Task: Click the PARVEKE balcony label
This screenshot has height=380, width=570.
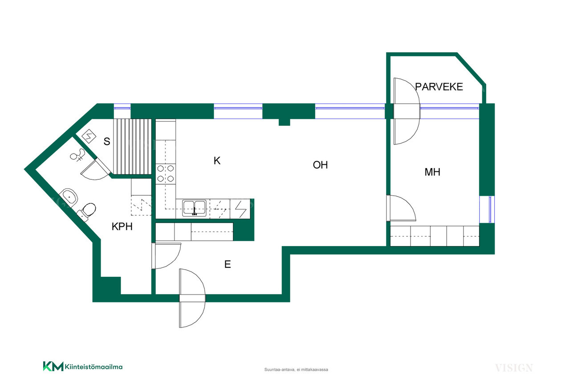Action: click(x=439, y=87)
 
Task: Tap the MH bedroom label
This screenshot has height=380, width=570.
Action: click(x=432, y=172)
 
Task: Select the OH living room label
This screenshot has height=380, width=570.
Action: click(x=320, y=165)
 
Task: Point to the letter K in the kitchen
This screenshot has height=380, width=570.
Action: click(x=217, y=161)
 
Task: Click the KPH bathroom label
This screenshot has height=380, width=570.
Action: click(x=122, y=226)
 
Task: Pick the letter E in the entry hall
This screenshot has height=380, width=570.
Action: click(x=228, y=264)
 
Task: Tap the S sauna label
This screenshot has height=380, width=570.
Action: click(x=107, y=141)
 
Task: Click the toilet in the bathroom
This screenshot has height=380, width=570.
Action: click(x=86, y=211)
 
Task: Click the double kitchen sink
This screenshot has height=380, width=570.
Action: click(x=194, y=208)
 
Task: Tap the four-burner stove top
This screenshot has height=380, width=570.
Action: click(x=165, y=173)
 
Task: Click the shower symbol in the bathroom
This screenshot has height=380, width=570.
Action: click(x=77, y=155)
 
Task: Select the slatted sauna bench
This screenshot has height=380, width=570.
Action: click(x=132, y=146)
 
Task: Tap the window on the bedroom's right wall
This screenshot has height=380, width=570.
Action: click(x=487, y=209)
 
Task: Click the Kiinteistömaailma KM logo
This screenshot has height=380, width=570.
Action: click(x=83, y=366)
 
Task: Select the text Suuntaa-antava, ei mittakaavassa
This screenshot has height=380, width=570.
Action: click(x=296, y=370)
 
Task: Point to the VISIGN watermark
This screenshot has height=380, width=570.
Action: click(x=514, y=368)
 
